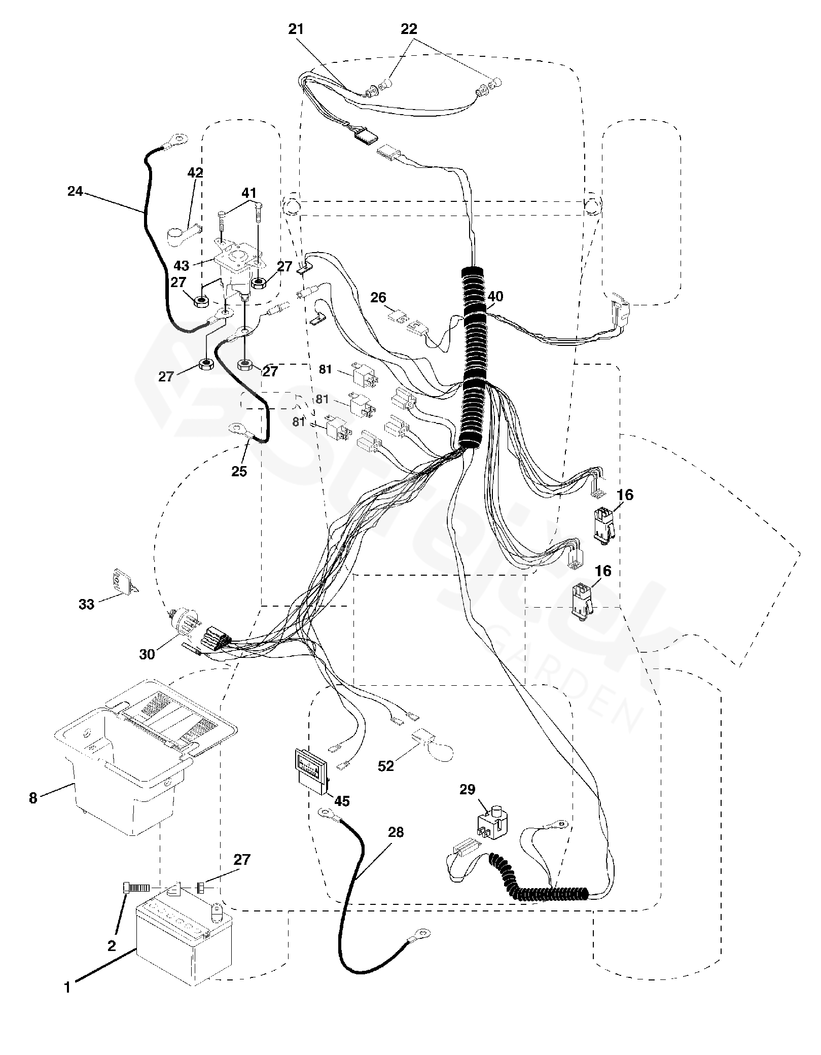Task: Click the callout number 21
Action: pyautogui.click(x=296, y=29)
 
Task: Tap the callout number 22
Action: pyautogui.click(x=409, y=29)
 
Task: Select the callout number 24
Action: pyautogui.click(x=75, y=191)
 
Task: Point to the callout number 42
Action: pyautogui.click(x=195, y=172)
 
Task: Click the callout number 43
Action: pyautogui.click(x=182, y=265)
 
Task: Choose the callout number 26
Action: pyautogui.click(x=378, y=298)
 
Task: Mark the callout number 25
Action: pyautogui.click(x=239, y=471)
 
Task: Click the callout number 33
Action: pyautogui.click(x=86, y=604)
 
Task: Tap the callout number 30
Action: pyautogui.click(x=147, y=654)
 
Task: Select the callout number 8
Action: pyautogui.click(x=33, y=798)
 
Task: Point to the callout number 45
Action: pyautogui.click(x=342, y=801)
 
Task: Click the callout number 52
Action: pyautogui.click(x=386, y=765)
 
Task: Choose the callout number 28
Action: pyautogui.click(x=396, y=832)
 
